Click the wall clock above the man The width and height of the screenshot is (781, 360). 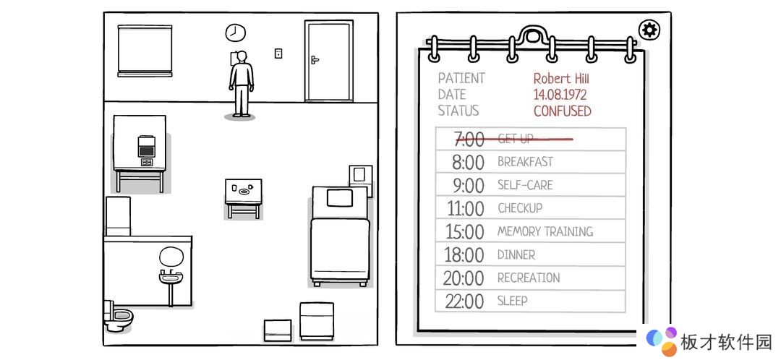(x=236, y=33)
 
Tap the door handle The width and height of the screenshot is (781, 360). (x=315, y=60)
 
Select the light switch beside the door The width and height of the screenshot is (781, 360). (x=278, y=53)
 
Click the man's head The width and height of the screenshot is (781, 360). (x=242, y=56)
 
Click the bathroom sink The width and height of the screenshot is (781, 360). (x=170, y=276)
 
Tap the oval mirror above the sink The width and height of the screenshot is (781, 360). (x=171, y=256)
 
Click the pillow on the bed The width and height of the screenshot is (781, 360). (x=339, y=198)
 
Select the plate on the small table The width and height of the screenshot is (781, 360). (x=244, y=191)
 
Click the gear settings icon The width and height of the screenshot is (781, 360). (x=649, y=30)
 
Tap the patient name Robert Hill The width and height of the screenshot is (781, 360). (x=561, y=79)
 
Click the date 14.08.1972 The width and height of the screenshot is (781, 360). (x=560, y=95)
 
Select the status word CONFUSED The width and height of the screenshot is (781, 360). (x=563, y=111)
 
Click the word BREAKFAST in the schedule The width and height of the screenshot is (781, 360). (x=525, y=162)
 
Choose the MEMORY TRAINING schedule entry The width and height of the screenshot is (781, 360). (x=545, y=231)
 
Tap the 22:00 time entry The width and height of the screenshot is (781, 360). (x=464, y=301)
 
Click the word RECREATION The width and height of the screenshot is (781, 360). (x=529, y=278)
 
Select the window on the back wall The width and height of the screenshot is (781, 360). (x=145, y=51)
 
